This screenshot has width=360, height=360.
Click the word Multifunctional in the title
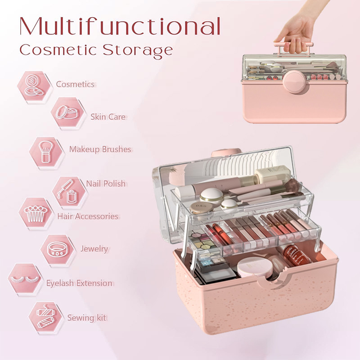120,26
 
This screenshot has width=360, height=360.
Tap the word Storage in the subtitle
138,50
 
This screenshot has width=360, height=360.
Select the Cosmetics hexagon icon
34,86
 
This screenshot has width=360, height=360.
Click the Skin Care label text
108,117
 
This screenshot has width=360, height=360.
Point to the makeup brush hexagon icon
46,152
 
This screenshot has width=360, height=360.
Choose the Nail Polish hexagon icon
69,192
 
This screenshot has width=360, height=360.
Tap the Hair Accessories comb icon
36,213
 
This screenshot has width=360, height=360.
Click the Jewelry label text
94,249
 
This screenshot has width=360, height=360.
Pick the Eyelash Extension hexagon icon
25,278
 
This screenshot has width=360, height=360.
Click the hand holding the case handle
298,27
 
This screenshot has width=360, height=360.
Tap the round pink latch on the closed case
294,82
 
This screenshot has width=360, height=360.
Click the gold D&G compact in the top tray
201,207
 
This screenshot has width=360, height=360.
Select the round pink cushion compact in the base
255,267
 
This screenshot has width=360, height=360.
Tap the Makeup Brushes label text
100,149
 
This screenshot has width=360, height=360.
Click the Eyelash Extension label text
79,283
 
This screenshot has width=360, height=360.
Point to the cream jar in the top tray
273,174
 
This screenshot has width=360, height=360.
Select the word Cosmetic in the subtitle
58,49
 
